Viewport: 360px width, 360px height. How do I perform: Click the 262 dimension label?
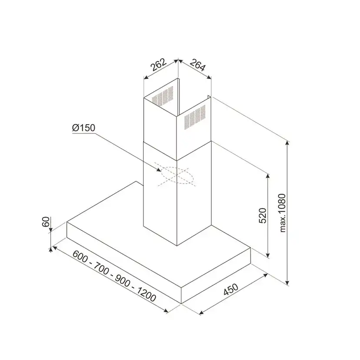pyautogui.click(x=158, y=64)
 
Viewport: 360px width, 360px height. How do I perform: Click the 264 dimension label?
pyautogui.click(x=197, y=65)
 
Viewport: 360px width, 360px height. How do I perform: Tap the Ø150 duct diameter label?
pyautogui.click(x=83, y=128)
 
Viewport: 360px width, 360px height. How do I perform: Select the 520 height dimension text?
pyautogui.click(x=262, y=215)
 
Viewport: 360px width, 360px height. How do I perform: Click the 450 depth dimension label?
pyautogui.click(x=231, y=289)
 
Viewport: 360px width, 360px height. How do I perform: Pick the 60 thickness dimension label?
pyautogui.click(x=46, y=222)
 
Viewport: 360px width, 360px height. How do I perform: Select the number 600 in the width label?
pyautogui.click(x=80, y=256)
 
